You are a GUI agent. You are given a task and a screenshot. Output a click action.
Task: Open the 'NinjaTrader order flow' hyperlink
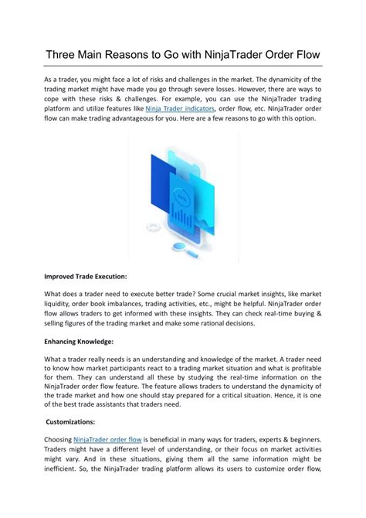pyautogui.click(x=110, y=439)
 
